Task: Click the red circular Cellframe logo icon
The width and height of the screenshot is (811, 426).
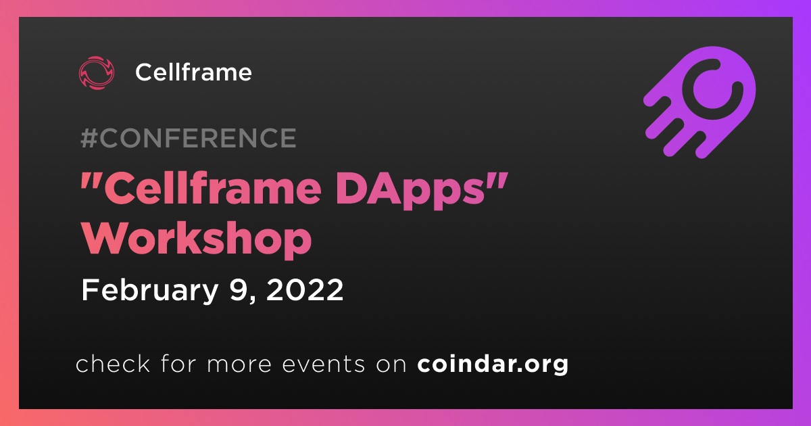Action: (x=96, y=73)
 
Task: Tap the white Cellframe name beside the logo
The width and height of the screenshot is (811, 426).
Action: (x=194, y=72)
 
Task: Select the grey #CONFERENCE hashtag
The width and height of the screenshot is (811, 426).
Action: (x=189, y=138)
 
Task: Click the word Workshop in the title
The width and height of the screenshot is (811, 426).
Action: (x=197, y=239)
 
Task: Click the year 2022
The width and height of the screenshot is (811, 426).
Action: (x=305, y=290)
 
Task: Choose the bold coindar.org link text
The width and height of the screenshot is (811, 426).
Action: (x=493, y=364)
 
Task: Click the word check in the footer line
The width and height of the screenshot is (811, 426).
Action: (x=113, y=363)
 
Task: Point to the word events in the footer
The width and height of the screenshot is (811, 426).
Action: (x=324, y=364)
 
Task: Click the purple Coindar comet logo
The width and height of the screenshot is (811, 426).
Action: (x=699, y=103)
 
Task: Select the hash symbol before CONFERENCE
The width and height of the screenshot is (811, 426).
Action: (x=89, y=138)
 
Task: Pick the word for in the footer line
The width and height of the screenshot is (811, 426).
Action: (x=178, y=363)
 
